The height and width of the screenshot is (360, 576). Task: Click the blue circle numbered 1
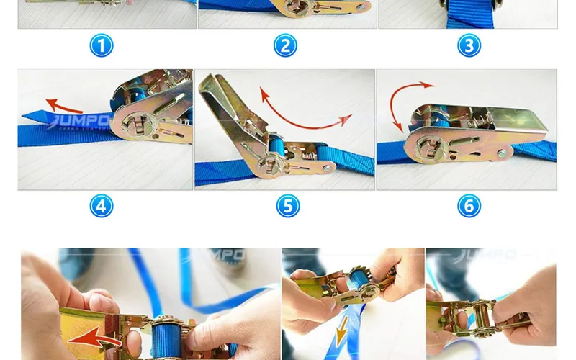tap(102, 46)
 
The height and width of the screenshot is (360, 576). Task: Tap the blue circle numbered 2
tap(286, 46)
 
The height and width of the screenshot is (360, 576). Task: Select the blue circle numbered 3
tap(469, 46)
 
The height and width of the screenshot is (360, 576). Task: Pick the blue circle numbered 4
tap(102, 207)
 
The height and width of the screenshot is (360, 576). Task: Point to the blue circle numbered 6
tap(469, 207)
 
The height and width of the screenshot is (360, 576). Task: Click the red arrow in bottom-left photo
tap(97, 336)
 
